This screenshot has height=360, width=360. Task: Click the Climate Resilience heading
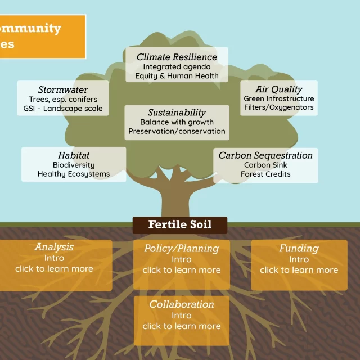pos(177,57)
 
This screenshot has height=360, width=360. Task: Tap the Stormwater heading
pos(63,89)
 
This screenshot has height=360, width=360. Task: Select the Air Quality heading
pos(279,89)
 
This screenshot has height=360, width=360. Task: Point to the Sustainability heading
pos(177,112)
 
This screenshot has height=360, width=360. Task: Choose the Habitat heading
pos(74,155)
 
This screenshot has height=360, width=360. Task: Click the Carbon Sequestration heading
pos(265,155)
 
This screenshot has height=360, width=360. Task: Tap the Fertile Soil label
pos(180,224)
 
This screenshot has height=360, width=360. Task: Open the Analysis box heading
pos(54,247)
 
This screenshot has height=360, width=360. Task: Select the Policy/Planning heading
pos(182,249)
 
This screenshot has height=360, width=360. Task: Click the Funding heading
pos(299,249)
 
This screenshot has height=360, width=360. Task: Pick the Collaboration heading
pos(182,304)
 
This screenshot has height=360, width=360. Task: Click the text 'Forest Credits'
pos(265,174)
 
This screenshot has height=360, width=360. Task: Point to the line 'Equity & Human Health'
pos(177,76)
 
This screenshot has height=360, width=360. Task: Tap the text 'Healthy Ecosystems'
pos(74,174)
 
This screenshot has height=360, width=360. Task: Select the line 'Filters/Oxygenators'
pos(279,107)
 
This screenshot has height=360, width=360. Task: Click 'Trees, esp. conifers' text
pos(63,99)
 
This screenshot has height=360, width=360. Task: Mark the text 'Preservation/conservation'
pos(177,131)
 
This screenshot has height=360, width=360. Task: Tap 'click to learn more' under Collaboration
pos(182,326)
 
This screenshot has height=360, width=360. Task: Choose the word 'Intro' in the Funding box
pos(299,259)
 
